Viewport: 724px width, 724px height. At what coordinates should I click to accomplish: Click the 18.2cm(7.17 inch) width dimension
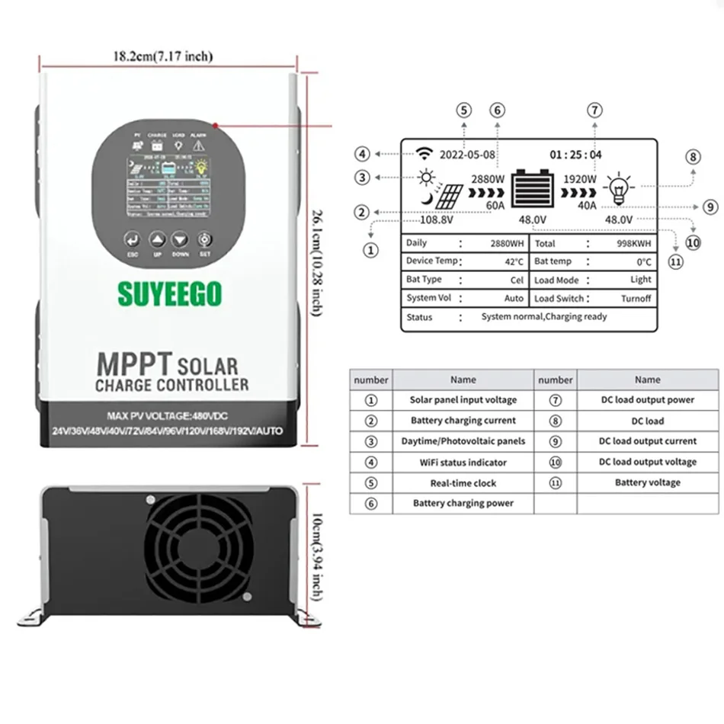[162, 56]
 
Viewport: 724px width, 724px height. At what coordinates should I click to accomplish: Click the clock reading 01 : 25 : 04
[575, 155]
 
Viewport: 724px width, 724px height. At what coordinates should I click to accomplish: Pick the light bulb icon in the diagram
[617, 187]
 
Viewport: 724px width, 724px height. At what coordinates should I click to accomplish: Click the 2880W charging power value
[489, 179]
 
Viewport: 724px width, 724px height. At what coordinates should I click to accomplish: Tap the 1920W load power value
[580, 179]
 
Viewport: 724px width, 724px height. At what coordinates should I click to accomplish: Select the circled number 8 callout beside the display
[692, 157]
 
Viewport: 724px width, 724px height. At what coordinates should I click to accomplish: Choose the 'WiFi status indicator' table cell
[463, 462]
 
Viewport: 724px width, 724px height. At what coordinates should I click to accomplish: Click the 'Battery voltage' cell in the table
[647, 482]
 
